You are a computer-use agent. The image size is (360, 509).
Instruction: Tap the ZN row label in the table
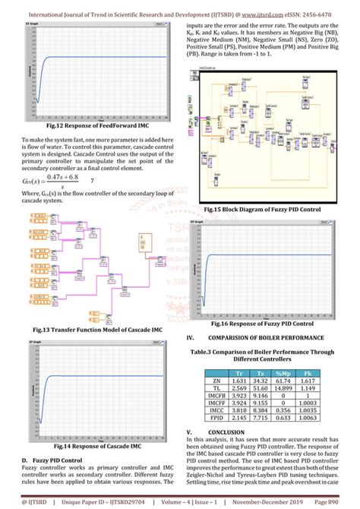tap(216, 381)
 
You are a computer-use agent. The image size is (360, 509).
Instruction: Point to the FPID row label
tap(216, 418)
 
